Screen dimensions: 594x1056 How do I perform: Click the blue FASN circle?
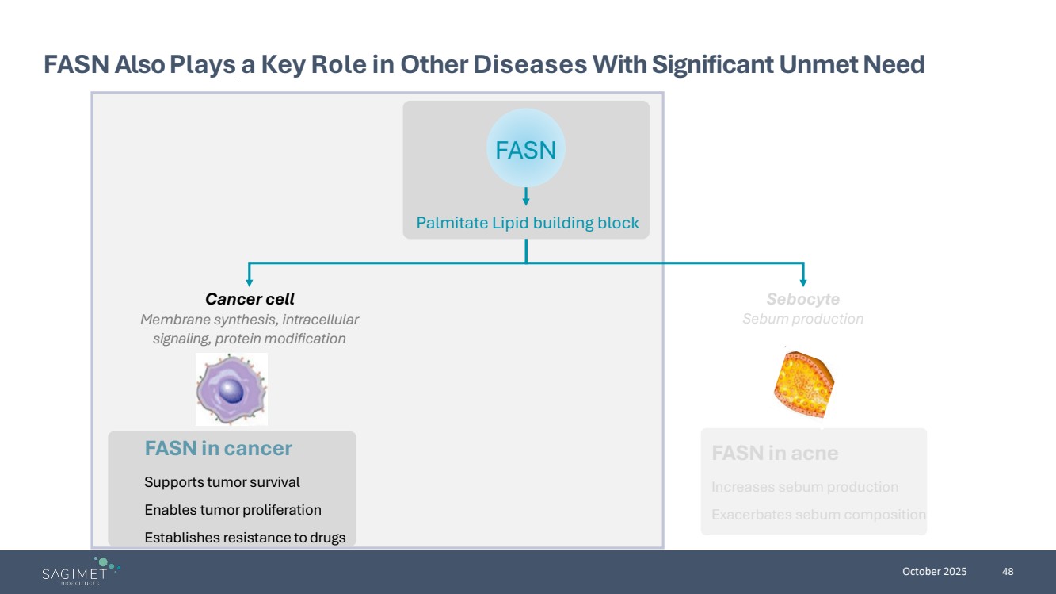525,150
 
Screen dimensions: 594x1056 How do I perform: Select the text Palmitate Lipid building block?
528,223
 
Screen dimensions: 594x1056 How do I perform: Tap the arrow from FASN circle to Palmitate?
526,197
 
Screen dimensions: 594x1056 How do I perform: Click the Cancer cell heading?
250,299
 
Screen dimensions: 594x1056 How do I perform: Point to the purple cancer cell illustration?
231,389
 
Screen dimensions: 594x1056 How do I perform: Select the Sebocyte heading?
802,299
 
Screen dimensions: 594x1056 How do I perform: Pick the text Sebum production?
802,319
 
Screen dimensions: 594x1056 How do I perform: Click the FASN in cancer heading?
218,449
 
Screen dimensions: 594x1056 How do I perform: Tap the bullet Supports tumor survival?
222,482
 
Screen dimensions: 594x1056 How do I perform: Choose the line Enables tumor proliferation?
232,510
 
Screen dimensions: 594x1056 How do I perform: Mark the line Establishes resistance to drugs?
245,538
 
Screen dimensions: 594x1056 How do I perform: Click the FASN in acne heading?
775,454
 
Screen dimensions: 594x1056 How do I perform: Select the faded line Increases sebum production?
805,487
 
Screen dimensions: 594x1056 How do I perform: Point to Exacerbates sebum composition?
818,515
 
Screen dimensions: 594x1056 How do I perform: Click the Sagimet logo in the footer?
80,572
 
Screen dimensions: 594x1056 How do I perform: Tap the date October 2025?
935,572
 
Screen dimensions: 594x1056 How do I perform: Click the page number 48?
1008,572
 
